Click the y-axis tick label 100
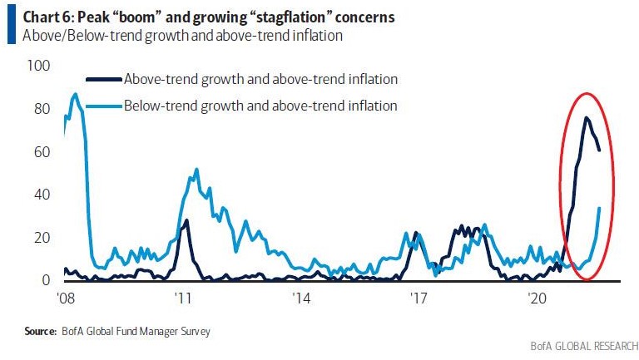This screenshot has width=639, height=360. tap(40, 66)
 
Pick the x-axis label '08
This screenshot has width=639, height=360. tap(64, 298)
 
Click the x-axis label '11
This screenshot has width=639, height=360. tap(182, 298)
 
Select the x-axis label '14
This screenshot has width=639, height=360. tap(300, 298)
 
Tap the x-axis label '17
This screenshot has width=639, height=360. tap(418, 298)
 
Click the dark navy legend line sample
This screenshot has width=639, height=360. tap(102, 80)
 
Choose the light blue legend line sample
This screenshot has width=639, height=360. tap(102, 106)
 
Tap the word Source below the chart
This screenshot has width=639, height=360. tap(39, 331)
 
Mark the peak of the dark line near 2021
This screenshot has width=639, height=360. tap(586, 118)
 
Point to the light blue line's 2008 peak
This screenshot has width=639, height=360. tap(75, 94)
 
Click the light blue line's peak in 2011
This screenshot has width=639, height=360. tap(196, 170)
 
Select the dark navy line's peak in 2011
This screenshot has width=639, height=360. tap(187, 220)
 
